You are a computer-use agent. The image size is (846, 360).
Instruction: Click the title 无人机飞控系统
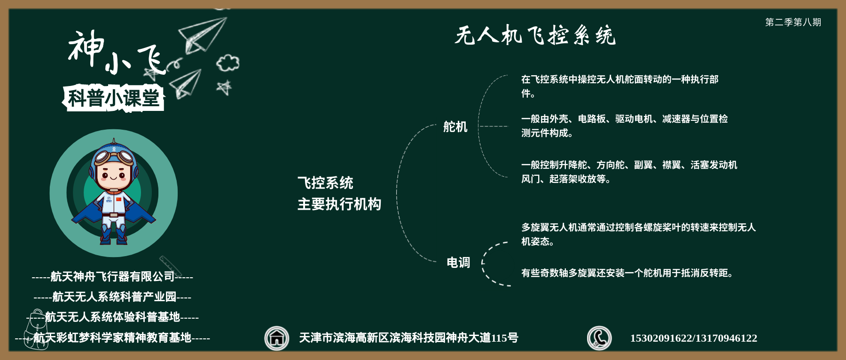(535, 35)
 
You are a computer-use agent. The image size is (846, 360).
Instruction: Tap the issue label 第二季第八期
(793, 22)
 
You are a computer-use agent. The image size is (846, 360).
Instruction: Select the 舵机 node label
(455, 127)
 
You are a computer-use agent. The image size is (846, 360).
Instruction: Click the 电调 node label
(458, 262)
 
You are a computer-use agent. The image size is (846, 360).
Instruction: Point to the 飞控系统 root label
(325, 182)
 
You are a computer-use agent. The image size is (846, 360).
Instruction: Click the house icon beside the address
(276, 338)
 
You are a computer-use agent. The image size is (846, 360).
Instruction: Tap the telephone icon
(599, 338)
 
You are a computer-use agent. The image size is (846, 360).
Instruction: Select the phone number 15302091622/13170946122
(693, 338)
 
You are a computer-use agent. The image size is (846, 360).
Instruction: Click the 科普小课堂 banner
(113, 98)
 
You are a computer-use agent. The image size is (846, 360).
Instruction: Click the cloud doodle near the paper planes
(228, 63)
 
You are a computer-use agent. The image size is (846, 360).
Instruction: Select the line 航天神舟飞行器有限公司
(112, 276)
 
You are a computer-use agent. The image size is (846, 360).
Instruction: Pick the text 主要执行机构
(339, 204)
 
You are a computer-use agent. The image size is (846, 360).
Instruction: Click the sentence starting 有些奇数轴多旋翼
(627, 273)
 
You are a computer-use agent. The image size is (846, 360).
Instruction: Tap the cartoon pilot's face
(113, 173)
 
